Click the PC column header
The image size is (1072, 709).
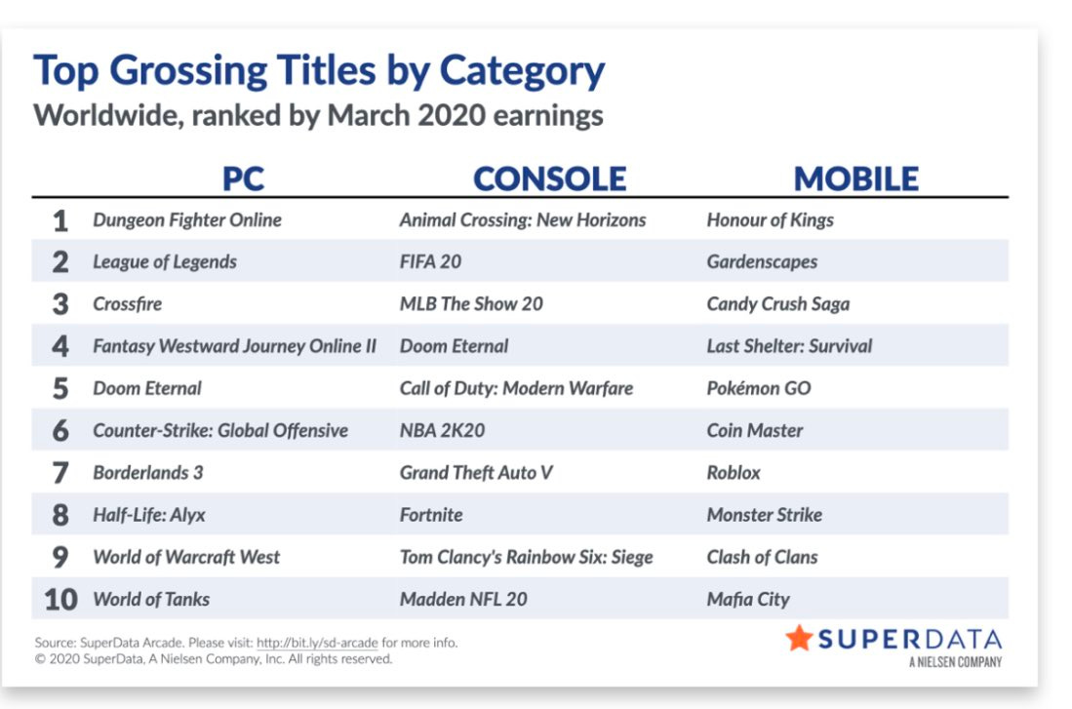coord(244,179)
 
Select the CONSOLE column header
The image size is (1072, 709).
coord(550,179)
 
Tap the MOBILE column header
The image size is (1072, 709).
coord(856,179)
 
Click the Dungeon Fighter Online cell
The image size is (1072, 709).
coord(187,220)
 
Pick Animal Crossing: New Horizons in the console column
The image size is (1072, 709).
coord(523,220)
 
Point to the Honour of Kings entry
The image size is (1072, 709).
coord(771,220)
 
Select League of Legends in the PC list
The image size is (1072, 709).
coord(165,262)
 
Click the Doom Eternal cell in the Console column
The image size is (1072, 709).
coord(454,346)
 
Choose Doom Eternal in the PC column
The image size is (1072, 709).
coord(147,388)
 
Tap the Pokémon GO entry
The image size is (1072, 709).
coord(759,388)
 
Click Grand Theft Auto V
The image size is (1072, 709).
coord(476,472)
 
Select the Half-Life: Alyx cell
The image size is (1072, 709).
coord(149,515)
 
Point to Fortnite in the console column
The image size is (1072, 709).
coord(431,515)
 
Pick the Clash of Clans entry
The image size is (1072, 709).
coord(762,557)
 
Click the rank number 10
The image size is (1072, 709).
coord(60,600)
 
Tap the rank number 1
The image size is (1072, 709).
coord(60,220)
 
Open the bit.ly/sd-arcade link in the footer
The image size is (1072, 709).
coord(317,643)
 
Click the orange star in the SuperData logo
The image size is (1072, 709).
coord(799,638)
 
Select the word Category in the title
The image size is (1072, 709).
coord(522,71)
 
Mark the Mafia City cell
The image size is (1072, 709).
coord(748,600)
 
